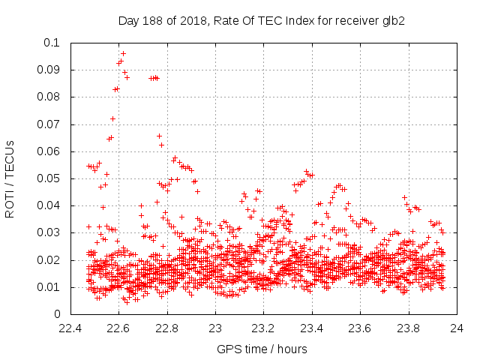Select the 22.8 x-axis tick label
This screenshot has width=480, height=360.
coord(167,328)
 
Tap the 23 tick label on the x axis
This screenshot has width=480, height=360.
coord(215,328)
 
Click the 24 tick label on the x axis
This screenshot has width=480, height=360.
coord(456,328)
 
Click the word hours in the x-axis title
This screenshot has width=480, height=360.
coord(292,349)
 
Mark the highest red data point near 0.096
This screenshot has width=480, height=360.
coord(123,53)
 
